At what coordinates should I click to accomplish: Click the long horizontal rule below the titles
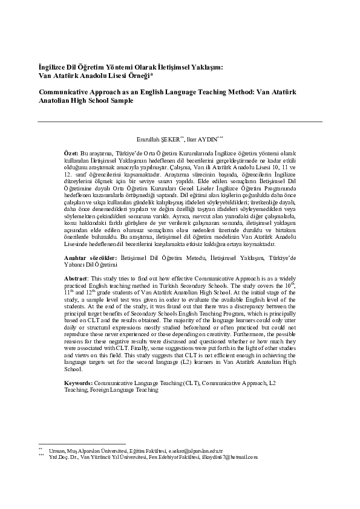coord(180,122)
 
